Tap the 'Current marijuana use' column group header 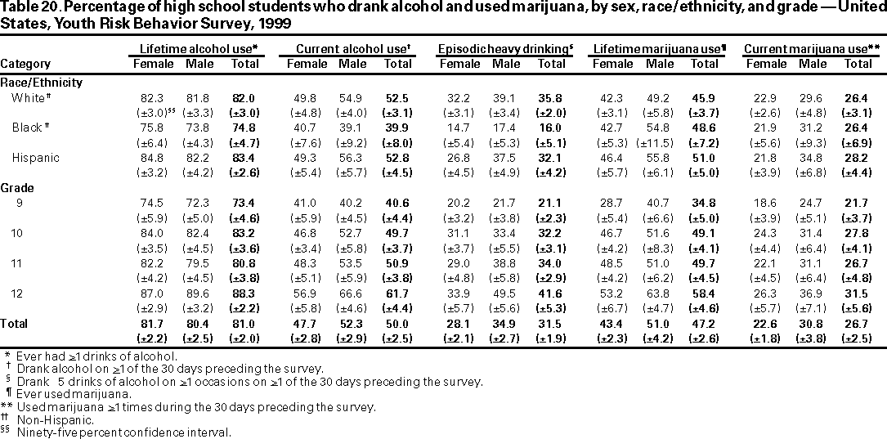point(812,49)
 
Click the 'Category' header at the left point(25,64)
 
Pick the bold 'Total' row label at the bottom point(14,323)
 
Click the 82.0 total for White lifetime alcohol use point(245,97)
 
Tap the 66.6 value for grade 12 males point(353,293)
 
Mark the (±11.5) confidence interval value point(659,142)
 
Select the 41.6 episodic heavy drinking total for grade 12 point(553,293)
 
